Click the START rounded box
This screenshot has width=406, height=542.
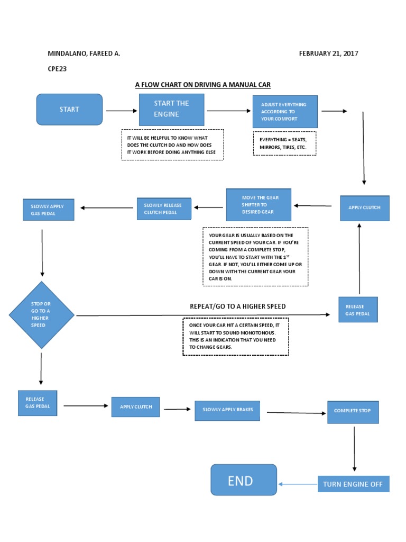pos(69,110)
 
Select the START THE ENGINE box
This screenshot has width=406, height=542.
pos(171,110)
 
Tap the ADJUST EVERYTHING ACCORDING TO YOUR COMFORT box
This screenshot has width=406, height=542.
pos(285,112)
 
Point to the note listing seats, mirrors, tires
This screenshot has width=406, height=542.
pos(284,143)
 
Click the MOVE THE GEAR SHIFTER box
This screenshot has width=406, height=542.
pos(259,205)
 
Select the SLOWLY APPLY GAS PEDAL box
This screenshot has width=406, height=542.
pos(48,210)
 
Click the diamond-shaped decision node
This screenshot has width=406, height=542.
pos(41,315)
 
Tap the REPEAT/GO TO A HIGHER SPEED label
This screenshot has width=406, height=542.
pos(237,306)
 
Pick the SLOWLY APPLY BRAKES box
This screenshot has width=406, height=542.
pos(227,410)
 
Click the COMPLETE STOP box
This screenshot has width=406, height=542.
pos(353,411)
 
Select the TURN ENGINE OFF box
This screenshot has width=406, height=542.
pos(353,484)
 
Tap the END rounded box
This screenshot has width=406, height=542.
pos(243,480)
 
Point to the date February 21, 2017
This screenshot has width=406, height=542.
pos(329,53)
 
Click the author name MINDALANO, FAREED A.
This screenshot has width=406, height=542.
pos(84,53)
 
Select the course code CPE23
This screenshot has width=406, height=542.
pos(58,68)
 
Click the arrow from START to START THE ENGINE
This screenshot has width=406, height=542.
pos(121,111)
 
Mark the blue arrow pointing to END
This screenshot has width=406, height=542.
pos(297,484)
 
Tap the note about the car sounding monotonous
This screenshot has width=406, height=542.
pos(235,336)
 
